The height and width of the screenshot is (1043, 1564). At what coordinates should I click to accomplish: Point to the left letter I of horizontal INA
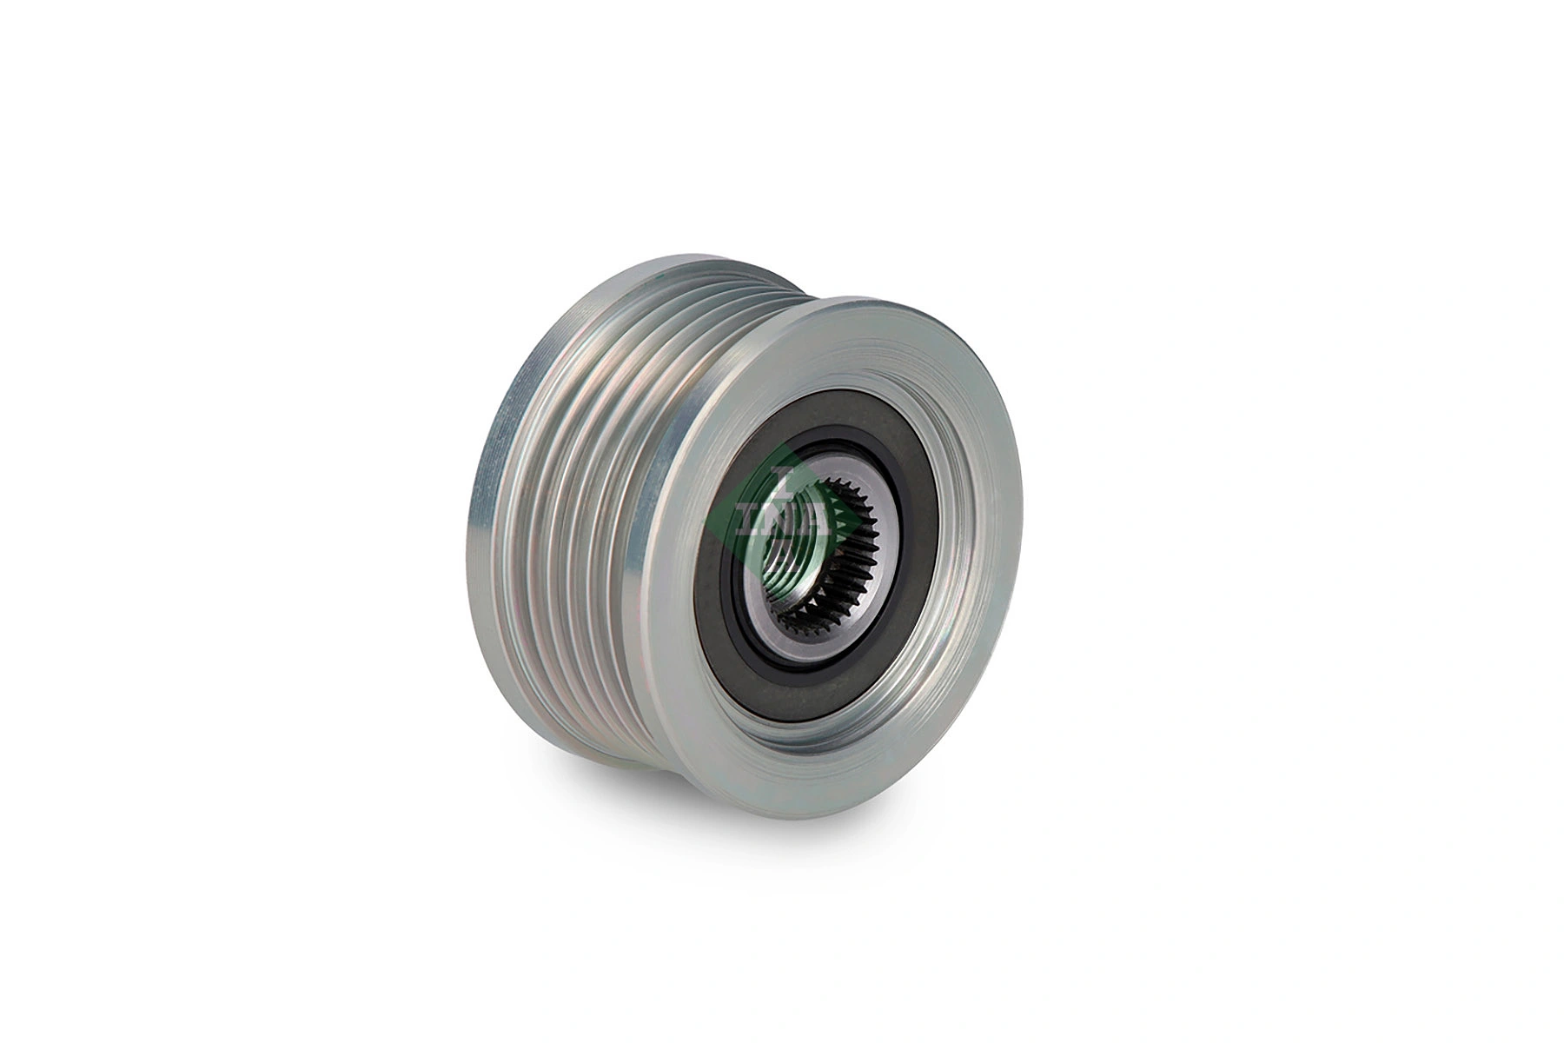(750, 519)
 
